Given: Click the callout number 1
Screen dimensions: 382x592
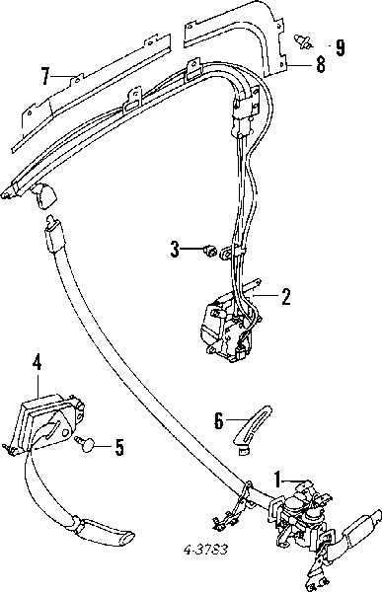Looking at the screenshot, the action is point(277,481).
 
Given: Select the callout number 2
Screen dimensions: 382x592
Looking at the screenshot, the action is point(286,297).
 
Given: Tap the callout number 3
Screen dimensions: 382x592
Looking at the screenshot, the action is point(175,250).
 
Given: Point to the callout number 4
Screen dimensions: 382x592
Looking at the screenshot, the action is point(37,362).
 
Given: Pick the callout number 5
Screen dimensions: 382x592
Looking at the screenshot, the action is point(119,447).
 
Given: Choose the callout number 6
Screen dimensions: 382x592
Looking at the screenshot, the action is point(219,420).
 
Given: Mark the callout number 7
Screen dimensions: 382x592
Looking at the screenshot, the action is point(45,76).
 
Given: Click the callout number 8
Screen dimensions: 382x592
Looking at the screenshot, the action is point(321,64).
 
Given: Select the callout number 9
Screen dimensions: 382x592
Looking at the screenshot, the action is point(341,47).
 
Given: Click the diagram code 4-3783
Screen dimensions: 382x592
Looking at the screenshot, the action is point(206,550).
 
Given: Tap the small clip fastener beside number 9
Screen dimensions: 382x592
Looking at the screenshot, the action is point(303,41).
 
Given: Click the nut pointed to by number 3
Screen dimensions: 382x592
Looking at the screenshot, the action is point(209,251).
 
